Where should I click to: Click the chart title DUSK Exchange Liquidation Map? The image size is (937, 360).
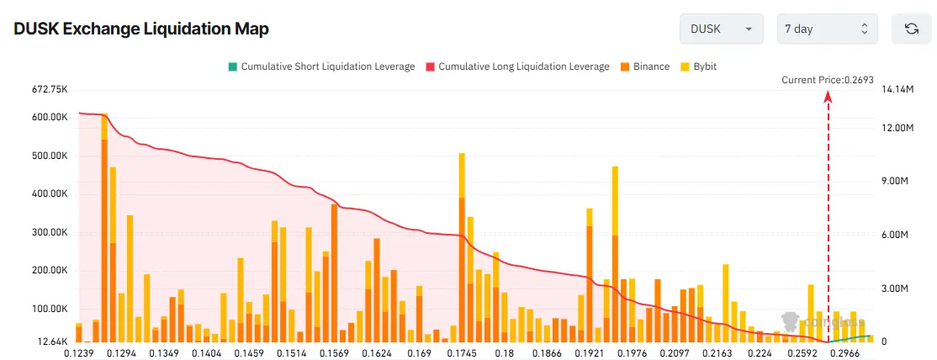click(x=141, y=29)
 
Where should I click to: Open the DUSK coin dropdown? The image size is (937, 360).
click(x=721, y=29)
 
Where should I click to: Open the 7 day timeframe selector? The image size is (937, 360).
click(x=827, y=29)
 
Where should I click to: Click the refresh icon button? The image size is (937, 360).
click(x=911, y=29)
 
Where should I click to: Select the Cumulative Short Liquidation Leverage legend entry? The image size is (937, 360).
click(x=320, y=66)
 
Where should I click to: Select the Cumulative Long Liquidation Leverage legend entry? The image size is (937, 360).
click(x=517, y=66)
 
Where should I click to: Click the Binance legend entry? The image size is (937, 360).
click(x=645, y=66)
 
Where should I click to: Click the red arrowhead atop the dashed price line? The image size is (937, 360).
click(x=828, y=97)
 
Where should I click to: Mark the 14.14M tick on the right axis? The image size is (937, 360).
click(x=896, y=89)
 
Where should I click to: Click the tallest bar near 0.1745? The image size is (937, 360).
click(x=462, y=248)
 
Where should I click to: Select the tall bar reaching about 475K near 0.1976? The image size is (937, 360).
click(x=616, y=252)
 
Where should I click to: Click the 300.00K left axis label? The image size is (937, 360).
click(x=48, y=232)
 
